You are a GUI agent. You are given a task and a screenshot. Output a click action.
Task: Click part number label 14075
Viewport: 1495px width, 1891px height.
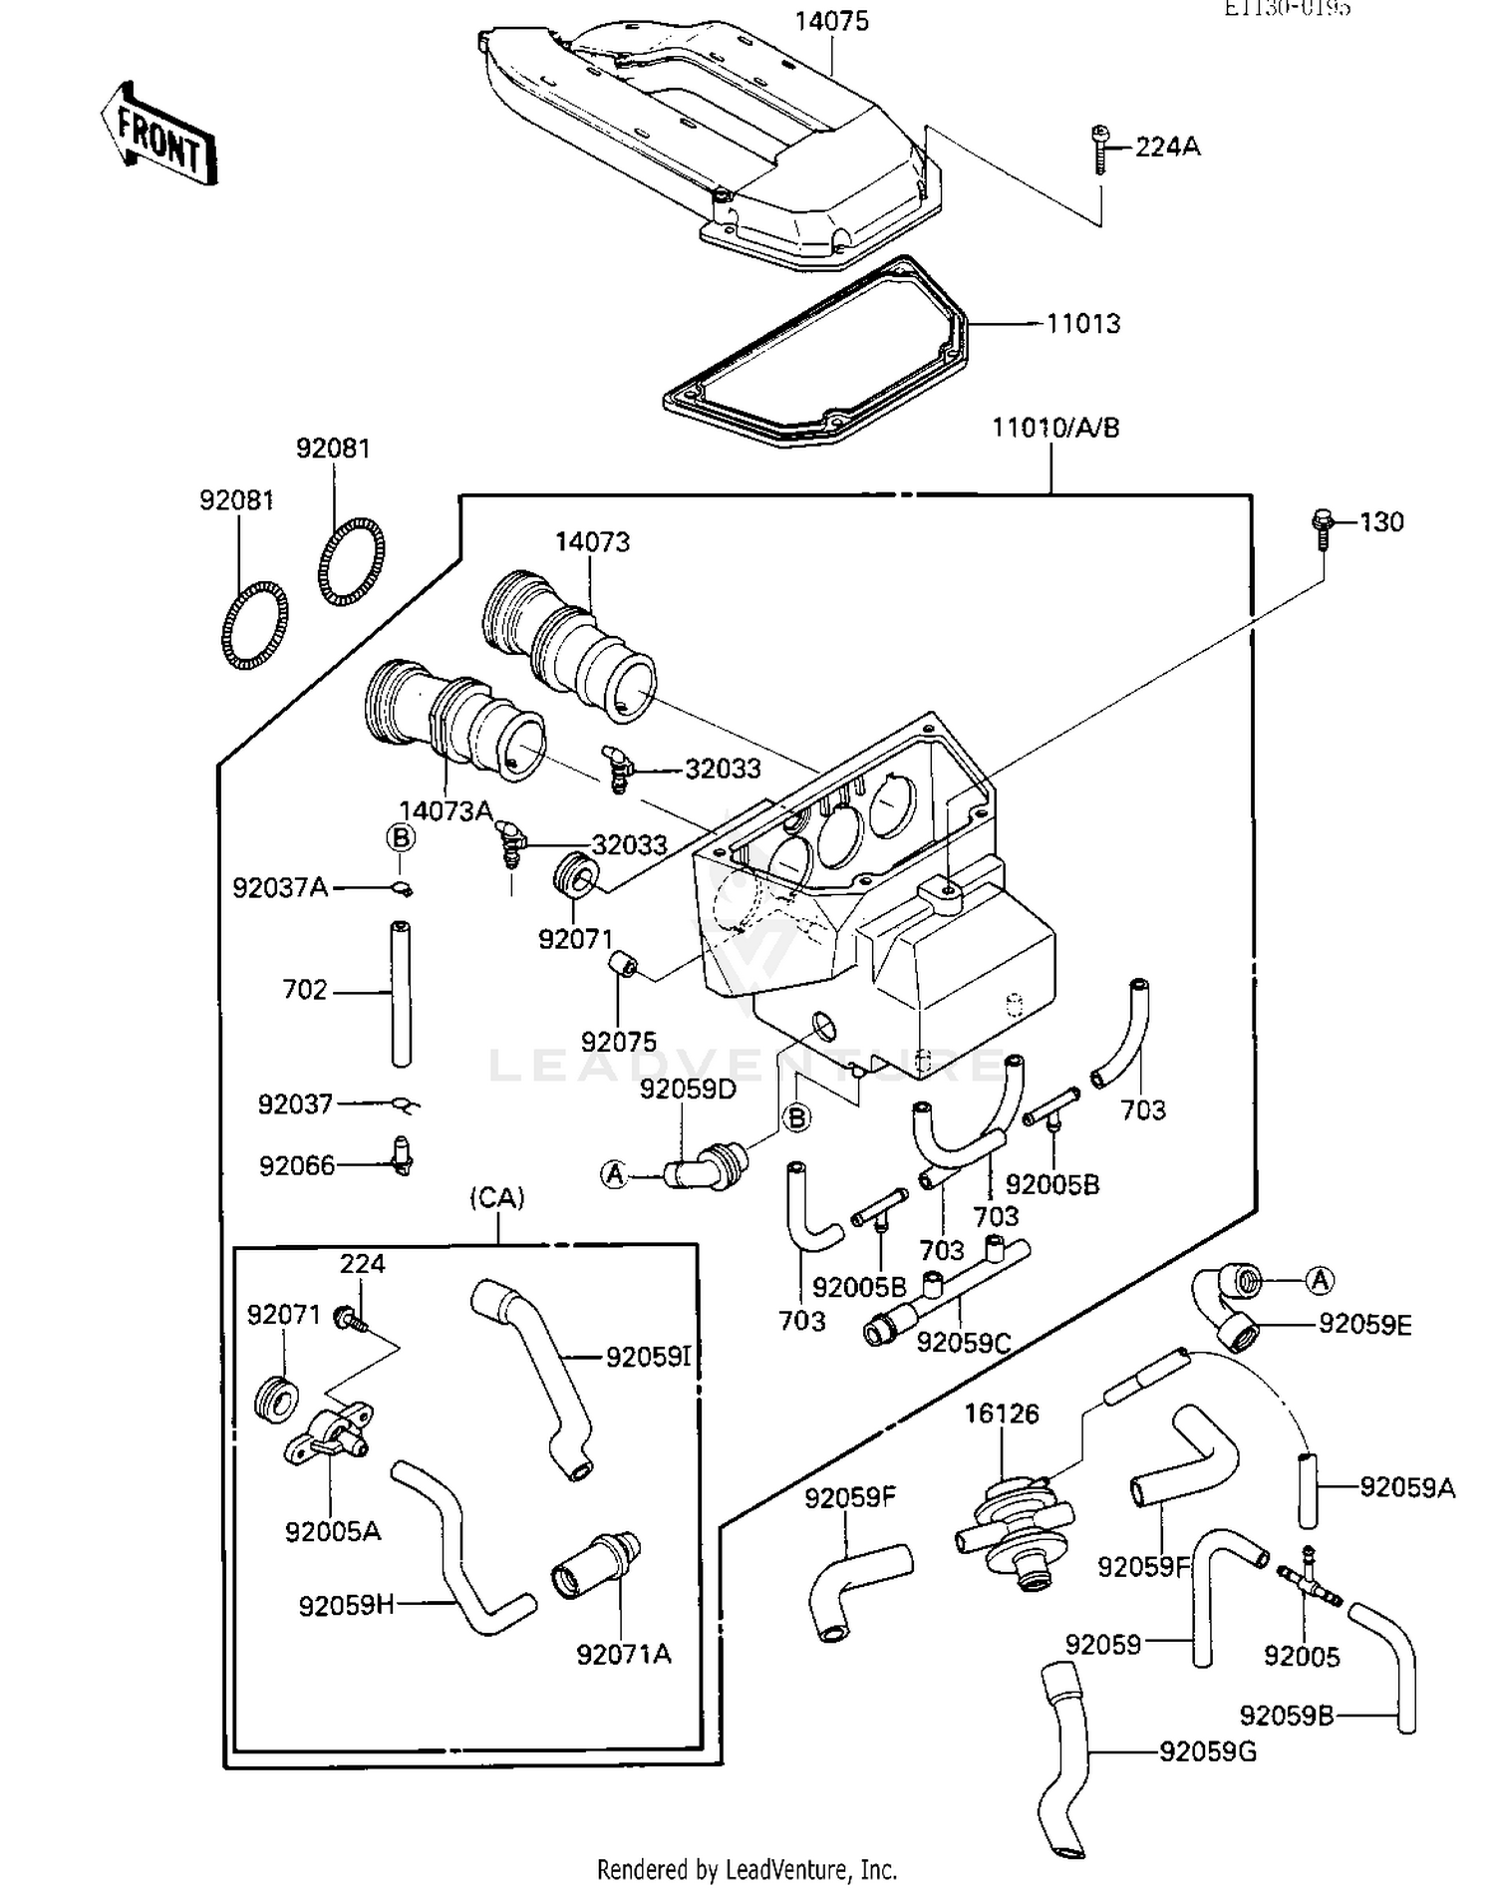tap(831, 22)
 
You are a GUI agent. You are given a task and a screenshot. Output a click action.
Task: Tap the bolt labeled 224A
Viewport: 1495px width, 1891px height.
tap(1100, 150)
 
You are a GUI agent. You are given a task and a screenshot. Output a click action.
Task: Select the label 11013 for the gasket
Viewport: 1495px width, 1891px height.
tap(1082, 324)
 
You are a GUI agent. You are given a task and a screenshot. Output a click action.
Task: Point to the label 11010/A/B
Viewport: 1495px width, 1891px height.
tap(1055, 429)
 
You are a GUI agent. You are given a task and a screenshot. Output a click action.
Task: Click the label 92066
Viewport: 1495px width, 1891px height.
tap(297, 1165)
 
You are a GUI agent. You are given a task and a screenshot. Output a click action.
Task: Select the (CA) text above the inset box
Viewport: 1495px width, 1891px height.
tap(496, 1197)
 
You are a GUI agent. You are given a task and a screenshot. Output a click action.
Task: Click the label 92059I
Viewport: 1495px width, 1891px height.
tap(649, 1357)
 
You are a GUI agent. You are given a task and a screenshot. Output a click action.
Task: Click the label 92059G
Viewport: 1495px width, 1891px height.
tap(1207, 1751)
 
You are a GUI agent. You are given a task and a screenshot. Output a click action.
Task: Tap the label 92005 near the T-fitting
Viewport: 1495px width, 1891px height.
tap(1302, 1656)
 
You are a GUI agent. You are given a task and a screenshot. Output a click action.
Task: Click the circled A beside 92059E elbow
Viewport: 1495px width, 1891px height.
tap(1320, 1280)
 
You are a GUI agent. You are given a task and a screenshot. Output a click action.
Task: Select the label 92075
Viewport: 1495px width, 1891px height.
tap(619, 1042)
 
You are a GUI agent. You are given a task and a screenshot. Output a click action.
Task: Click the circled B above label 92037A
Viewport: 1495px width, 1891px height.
tap(401, 837)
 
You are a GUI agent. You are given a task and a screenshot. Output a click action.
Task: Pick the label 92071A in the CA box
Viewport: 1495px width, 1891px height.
tap(624, 1654)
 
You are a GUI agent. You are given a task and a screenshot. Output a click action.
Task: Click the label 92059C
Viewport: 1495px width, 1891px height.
tap(963, 1343)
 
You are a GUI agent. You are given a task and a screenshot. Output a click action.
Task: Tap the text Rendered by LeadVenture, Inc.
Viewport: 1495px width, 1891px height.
tap(747, 1867)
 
